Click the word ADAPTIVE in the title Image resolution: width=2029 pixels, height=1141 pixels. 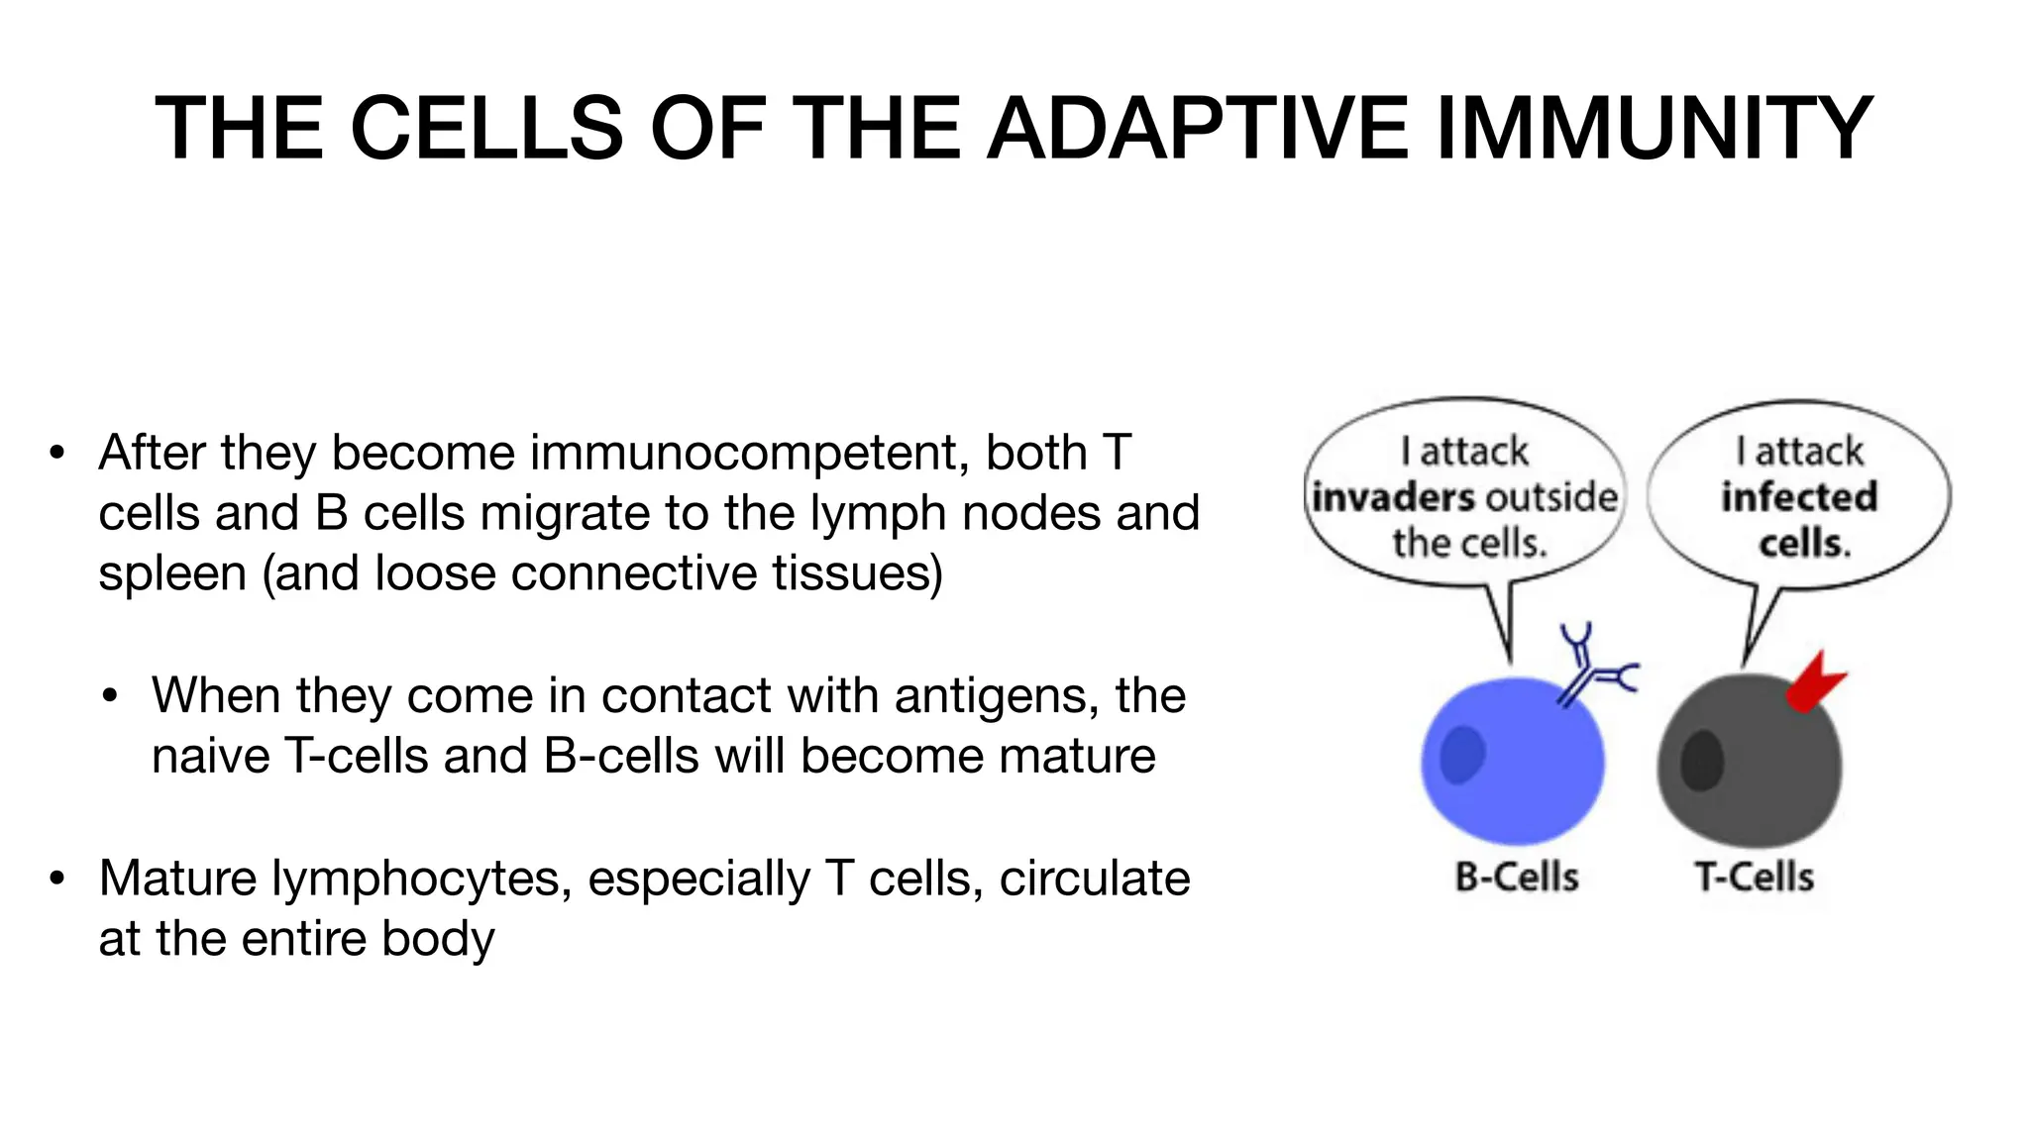[x=1198, y=129]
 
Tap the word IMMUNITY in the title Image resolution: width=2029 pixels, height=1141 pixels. [x=1653, y=129]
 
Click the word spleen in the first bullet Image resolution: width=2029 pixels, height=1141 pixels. [x=171, y=574]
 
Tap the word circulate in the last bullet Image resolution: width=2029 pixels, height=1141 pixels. [x=1094, y=879]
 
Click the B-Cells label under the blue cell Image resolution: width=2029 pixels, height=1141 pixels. [x=1516, y=878]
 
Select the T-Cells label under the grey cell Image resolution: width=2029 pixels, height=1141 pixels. [x=1754, y=878]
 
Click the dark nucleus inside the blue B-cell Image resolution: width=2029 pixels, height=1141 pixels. [x=1461, y=755]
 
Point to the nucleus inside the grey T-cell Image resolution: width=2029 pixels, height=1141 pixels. [x=1702, y=761]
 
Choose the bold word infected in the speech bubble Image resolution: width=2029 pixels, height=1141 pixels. [x=1799, y=497]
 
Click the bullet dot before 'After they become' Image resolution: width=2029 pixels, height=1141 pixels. [x=57, y=454]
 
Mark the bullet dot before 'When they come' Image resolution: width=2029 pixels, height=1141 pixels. [x=110, y=696]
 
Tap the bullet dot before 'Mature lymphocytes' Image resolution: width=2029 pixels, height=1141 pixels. [x=57, y=879]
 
